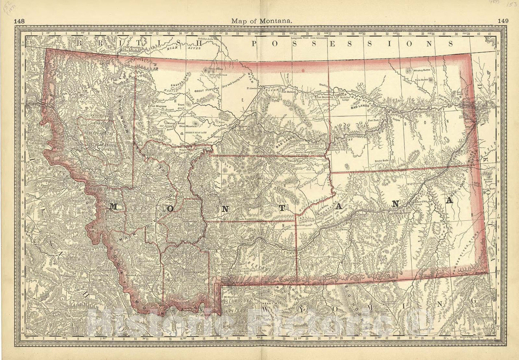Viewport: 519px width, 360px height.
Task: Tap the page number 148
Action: click(19, 21)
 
